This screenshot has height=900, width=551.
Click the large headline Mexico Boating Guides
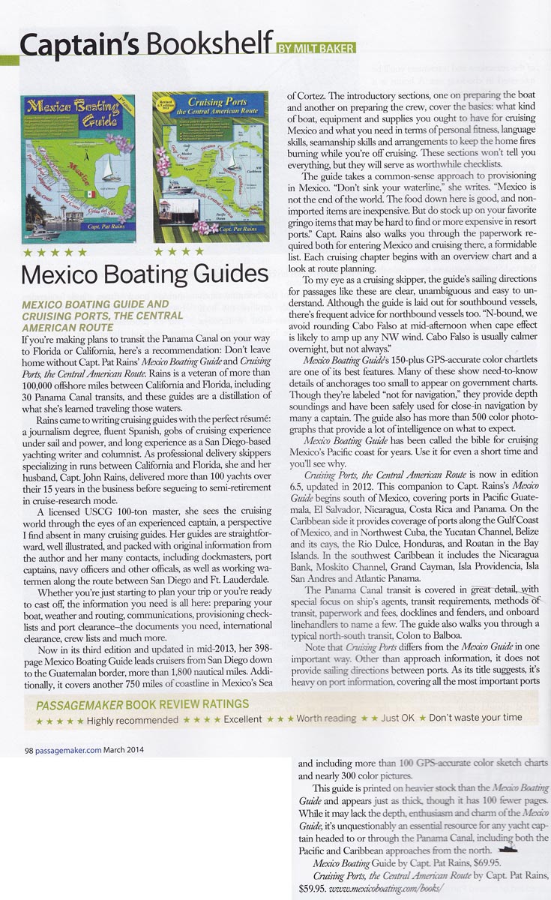tap(144, 274)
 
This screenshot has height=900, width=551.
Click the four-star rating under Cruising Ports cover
tap(175, 252)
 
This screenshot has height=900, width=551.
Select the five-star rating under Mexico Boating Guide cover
tap(53, 252)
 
